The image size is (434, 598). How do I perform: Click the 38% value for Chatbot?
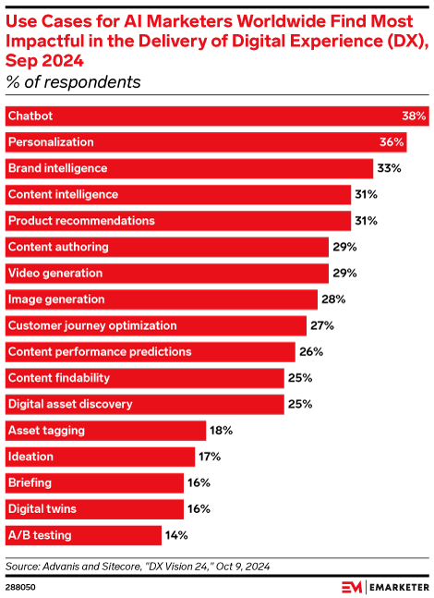[413, 116]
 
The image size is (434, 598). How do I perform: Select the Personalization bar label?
[50, 142]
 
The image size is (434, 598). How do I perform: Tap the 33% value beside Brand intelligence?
[387, 168]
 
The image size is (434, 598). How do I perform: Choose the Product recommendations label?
[80, 221]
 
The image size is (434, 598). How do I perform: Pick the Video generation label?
[55, 274]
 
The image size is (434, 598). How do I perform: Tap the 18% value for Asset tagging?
[220, 431]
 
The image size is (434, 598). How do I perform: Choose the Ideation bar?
[101, 457]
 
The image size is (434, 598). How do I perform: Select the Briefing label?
[30, 482]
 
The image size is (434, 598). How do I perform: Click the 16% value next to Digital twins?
[198, 508]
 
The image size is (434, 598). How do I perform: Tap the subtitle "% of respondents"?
[74, 82]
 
